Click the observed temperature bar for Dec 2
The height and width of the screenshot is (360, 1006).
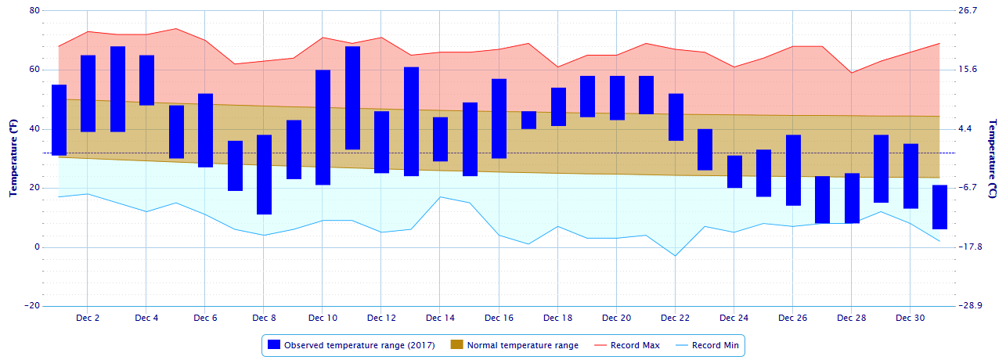click(x=88, y=93)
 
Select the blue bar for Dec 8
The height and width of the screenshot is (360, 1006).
click(x=264, y=175)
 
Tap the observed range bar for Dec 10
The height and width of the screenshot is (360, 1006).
click(x=323, y=128)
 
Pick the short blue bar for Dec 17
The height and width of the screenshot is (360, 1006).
click(x=528, y=120)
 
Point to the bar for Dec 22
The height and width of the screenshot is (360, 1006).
click(x=676, y=117)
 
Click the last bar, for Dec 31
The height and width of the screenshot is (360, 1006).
click(x=939, y=207)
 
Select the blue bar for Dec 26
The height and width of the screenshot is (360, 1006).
click(x=793, y=170)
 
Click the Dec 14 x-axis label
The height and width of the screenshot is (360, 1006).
click(x=440, y=319)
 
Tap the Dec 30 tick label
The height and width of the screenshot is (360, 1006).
click(x=910, y=319)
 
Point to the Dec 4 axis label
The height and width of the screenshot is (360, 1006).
click(x=146, y=319)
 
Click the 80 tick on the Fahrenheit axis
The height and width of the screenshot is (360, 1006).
click(x=34, y=11)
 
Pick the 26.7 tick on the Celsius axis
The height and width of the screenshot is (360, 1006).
click(x=968, y=11)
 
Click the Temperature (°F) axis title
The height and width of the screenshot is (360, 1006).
click(x=13, y=159)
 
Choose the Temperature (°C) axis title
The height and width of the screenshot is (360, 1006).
click(x=993, y=159)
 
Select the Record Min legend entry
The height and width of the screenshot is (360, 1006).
click(x=709, y=345)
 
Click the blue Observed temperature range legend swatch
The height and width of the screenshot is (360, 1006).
click(x=273, y=345)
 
